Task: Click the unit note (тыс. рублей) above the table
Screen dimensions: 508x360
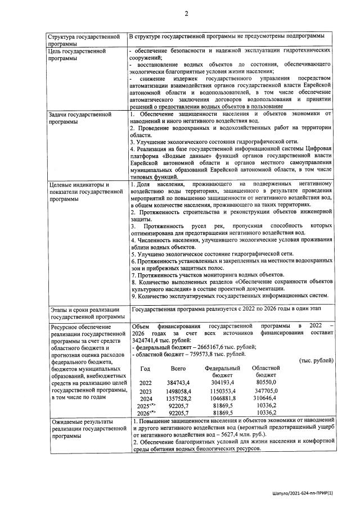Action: coord(318,360)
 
